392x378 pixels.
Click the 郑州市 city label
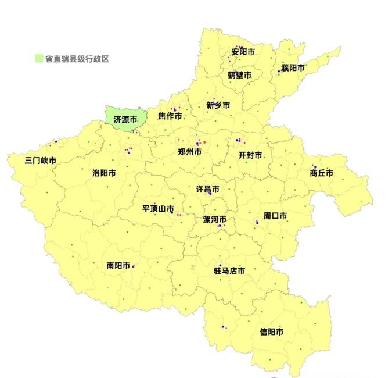tap(189, 151)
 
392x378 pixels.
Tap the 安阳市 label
tap(243, 52)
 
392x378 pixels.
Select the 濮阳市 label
tap(293, 68)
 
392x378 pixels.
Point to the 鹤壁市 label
tap(239, 75)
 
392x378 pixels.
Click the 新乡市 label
tap(218, 105)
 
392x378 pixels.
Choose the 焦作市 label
tap(170, 116)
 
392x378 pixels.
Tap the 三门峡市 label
tap(41, 160)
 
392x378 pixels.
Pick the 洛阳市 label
tap(103, 173)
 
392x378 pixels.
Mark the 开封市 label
tap(250, 155)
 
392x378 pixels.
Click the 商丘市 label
tap(321, 173)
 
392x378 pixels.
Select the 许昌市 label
tap(207, 190)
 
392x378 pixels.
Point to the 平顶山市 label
tap(158, 208)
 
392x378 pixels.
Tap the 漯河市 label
tap(214, 219)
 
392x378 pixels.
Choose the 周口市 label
tap(275, 215)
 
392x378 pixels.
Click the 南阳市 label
tap(118, 265)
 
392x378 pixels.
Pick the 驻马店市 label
tap(229, 270)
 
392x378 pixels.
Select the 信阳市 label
tap(272, 332)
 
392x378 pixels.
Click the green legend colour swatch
tap(38, 58)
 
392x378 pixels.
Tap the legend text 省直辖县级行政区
tap(77, 58)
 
